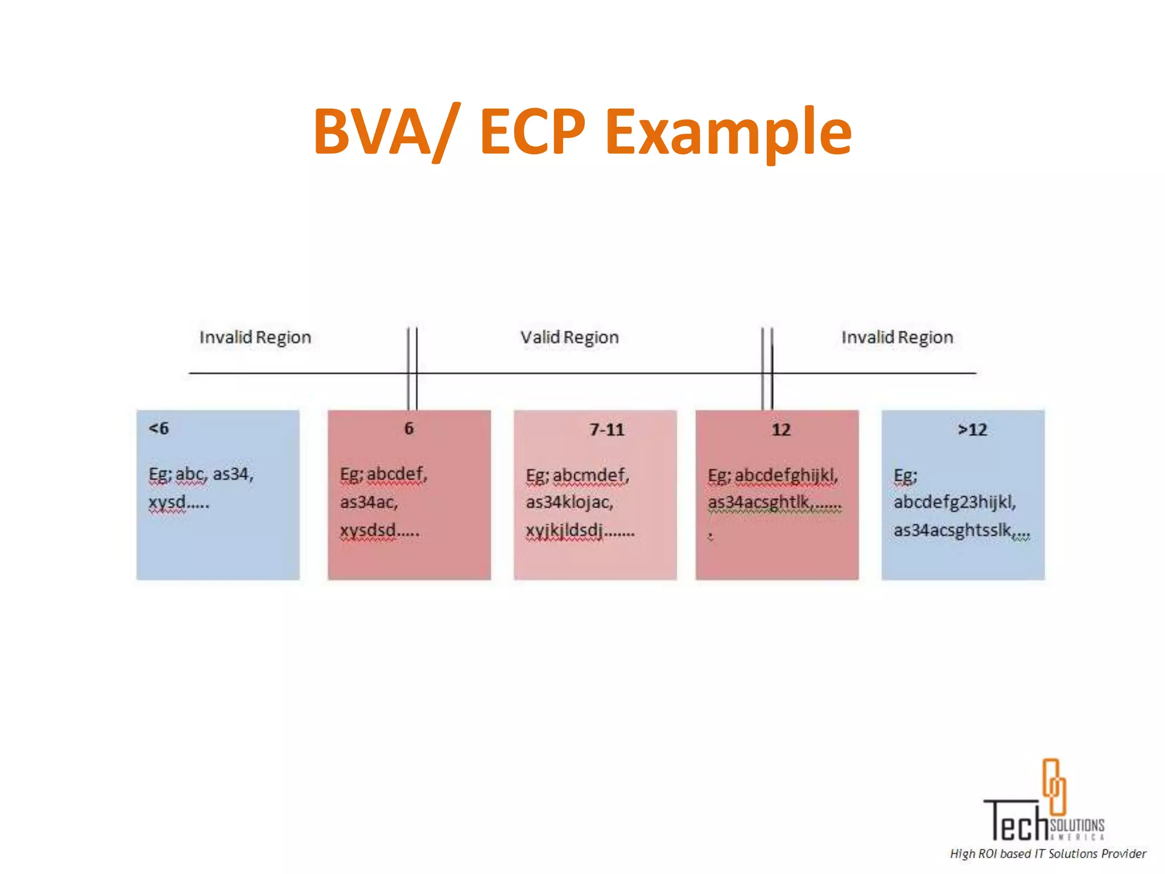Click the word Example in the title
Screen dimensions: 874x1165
pos(728,132)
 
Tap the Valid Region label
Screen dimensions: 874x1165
pos(569,337)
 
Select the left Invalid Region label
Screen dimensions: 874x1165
pos(255,337)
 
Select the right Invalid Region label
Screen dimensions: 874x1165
pos(897,337)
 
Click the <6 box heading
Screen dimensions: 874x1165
pos(159,428)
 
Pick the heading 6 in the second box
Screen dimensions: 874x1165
pos(409,428)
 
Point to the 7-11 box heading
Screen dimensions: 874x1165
pos(606,430)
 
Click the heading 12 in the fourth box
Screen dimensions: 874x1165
pos(780,430)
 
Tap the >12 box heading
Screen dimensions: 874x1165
pos(972,430)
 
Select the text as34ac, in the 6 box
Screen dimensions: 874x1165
pos(369,502)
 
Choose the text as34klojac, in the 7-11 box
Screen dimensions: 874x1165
pos(569,502)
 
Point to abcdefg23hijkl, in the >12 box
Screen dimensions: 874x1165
pos(955,502)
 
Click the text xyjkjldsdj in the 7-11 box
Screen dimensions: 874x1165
pos(564,530)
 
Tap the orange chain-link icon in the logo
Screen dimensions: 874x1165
pos(1054,786)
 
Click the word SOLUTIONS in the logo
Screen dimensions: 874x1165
pos(1077,825)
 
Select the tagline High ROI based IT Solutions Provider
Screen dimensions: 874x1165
pos(1048,854)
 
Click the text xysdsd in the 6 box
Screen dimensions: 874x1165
pos(368,530)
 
